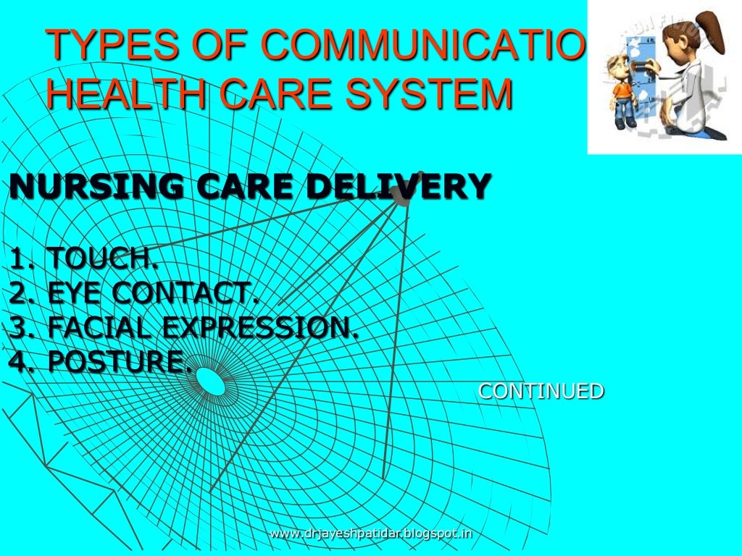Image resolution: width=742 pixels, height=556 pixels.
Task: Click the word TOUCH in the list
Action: [x=101, y=257]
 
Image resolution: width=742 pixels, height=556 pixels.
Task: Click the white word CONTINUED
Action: [x=541, y=392]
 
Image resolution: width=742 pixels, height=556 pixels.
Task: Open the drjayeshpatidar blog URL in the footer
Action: [x=370, y=534]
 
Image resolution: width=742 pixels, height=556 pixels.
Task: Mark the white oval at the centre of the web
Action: [x=211, y=382]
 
